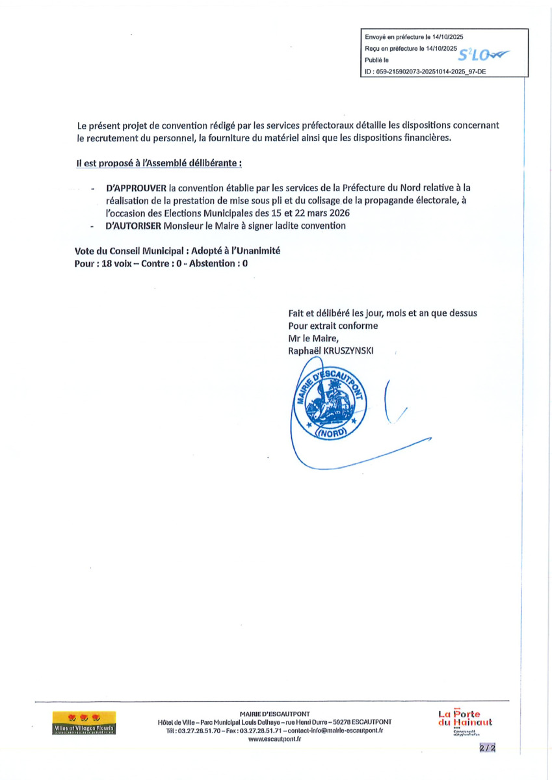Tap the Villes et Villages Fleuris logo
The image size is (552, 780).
(x=85, y=723)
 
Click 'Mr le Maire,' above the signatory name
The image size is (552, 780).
(x=313, y=338)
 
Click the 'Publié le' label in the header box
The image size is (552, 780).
(x=377, y=60)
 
